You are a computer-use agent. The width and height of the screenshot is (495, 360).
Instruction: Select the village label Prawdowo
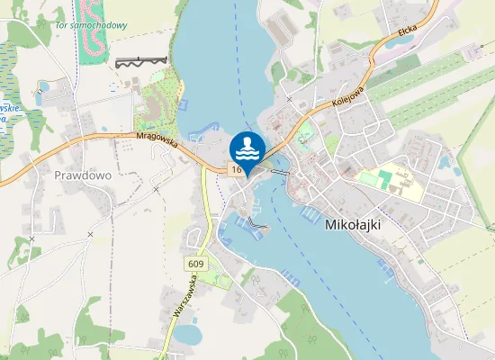82,175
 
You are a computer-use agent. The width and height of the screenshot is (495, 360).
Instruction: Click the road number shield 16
236,169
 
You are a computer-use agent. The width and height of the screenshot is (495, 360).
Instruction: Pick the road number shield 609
196,264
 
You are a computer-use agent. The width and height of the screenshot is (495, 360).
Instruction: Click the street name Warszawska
185,297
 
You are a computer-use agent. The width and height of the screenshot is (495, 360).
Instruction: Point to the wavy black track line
141,61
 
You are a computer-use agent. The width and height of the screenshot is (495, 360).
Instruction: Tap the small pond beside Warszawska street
188,334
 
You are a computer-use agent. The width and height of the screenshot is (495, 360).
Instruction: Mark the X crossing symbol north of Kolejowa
289,98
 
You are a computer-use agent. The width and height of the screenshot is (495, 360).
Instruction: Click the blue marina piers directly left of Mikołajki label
308,213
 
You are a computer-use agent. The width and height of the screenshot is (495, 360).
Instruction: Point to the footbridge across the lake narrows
276,172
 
